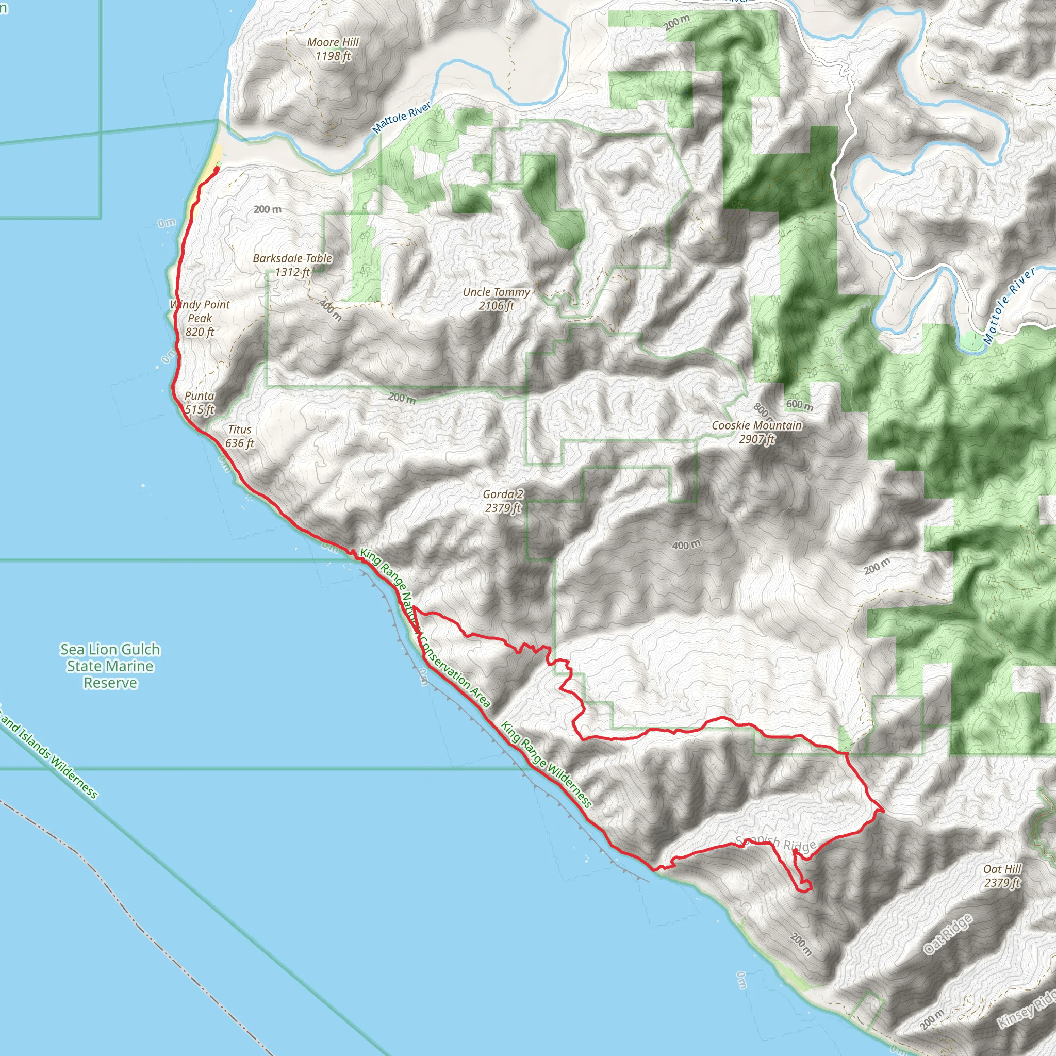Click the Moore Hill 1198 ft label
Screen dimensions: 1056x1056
(333, 49)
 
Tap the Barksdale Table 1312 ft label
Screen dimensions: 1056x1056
(292, 265)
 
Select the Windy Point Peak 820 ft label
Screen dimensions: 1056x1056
(200, 318)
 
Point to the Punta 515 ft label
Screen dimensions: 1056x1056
(200, 403)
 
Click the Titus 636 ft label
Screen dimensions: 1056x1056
(239, 436)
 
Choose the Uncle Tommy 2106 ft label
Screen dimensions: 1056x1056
(497, 299)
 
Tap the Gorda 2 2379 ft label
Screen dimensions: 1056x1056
(503, 501)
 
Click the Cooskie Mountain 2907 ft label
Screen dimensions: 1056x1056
(756, 432)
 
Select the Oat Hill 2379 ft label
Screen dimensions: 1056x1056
(1002, 876)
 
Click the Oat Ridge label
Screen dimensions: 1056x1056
(948, 934)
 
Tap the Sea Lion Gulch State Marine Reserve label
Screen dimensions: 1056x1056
(110, 666)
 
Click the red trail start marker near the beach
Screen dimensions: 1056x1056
(217, 170)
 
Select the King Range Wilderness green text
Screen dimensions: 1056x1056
(546, 765)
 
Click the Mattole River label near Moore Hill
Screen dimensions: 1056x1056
(402, 118)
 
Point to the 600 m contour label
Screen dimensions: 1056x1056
(800, 405)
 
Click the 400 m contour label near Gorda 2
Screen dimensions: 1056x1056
(686, 545)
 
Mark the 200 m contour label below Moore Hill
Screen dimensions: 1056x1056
(267, 209)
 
